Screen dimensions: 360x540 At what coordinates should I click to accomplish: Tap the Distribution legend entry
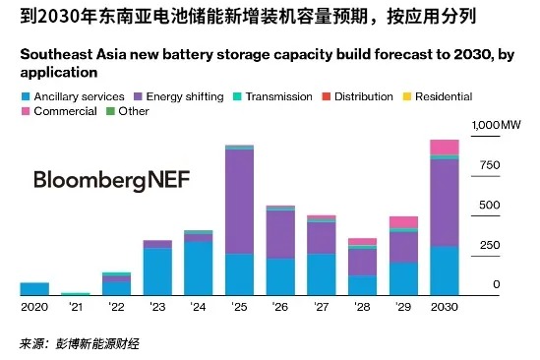(356, 96)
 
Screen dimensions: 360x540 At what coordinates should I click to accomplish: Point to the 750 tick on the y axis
(489, 165)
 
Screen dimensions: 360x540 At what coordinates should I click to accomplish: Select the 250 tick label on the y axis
(489, 245)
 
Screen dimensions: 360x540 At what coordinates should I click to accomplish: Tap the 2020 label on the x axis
(33, 307)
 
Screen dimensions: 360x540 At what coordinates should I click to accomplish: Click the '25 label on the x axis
(240, 307)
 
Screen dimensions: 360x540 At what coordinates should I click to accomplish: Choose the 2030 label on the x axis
(445, 307)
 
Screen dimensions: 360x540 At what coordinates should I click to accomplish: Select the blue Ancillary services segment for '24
(198, 268)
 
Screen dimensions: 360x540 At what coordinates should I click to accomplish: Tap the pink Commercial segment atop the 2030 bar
(445, 147)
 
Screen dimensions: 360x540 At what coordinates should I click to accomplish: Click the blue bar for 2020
(34, 288)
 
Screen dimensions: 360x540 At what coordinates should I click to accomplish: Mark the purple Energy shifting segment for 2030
(445, 202)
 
